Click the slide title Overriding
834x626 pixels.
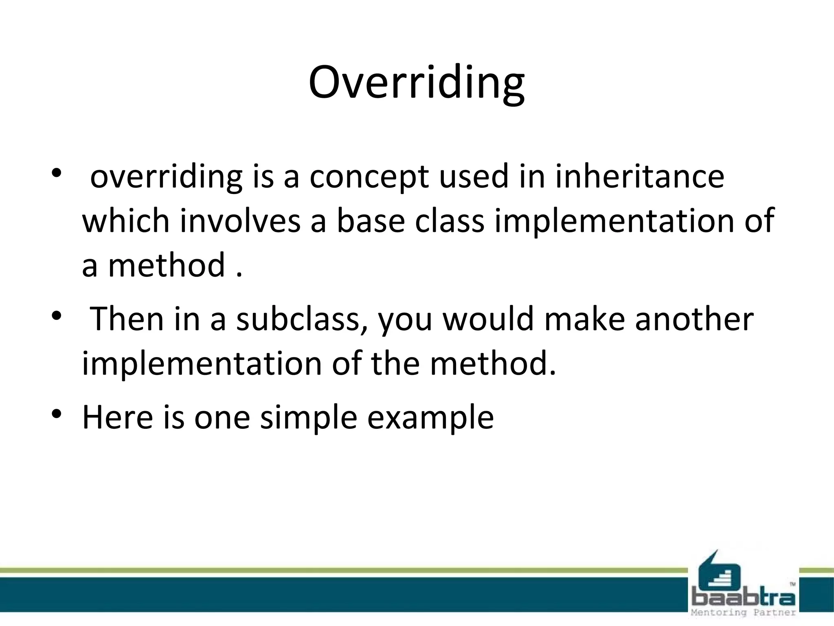[417, 83]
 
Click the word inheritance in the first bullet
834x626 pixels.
[640, 176]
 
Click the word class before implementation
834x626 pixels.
[450, 221]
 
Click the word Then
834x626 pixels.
[127, 319]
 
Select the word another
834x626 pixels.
[694, 319]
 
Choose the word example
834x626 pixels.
[430, 418]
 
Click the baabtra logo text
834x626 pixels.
[743, 598]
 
